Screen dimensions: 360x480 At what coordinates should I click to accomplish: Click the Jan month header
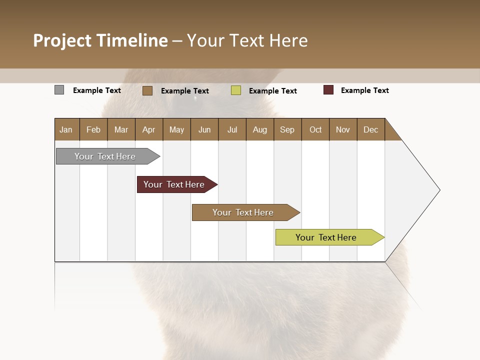click(66, 129)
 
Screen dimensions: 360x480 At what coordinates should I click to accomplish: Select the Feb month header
click(93, 129)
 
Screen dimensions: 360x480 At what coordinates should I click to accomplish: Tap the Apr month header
click(148, 129)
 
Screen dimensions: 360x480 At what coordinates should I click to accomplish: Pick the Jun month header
click(204, 129)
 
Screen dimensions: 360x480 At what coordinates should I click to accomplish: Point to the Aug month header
click(259, 129)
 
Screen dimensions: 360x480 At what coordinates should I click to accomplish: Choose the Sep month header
click(287, 129)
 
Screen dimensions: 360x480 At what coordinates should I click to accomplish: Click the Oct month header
click(315, 129)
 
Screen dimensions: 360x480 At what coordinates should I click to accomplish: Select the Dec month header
click(370, 129)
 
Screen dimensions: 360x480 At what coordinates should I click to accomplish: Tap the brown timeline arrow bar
click(243, 212)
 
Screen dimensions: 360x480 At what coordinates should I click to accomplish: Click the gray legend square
click(59, 90)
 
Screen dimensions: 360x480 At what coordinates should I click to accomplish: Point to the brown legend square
click(147, 90)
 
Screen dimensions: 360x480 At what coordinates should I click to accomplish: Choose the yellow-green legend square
click(236, 90)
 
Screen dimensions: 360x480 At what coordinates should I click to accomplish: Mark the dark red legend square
click(328, 90)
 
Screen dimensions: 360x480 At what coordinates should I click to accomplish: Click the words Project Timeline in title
click(100, 40)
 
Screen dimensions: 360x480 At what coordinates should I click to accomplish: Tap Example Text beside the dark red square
click(364, 90)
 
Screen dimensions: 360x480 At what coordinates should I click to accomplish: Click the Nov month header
click(343, 129)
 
